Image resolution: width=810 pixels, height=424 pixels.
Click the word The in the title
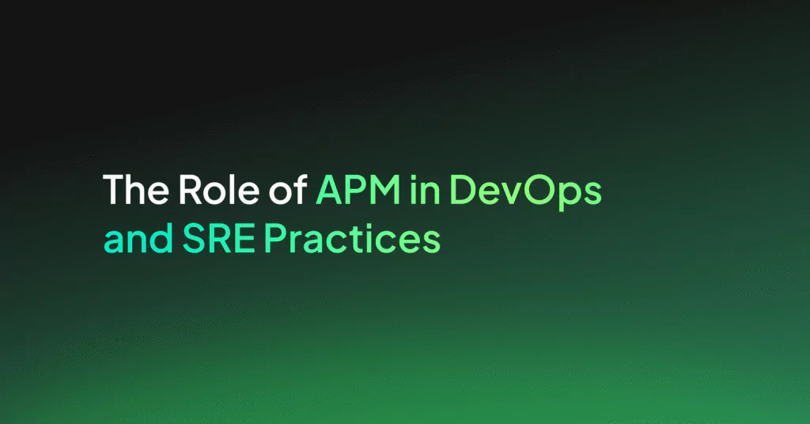tap(136, 189)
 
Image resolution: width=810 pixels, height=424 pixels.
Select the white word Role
tap(219, 189)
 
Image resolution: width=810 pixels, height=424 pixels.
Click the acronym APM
tap(358, 190)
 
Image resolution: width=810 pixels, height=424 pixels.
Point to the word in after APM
tap(425, 189)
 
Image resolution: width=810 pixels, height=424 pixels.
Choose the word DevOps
tap(525, 192)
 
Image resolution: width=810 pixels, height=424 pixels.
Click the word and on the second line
tap(138, 237)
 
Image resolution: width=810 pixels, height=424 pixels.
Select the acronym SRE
tap(219, 239)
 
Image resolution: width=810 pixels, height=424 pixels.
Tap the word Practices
tap(352, 239)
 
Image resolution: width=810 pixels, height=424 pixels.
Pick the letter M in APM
tap(384, 190)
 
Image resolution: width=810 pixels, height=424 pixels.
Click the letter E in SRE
tap(246, 239)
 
